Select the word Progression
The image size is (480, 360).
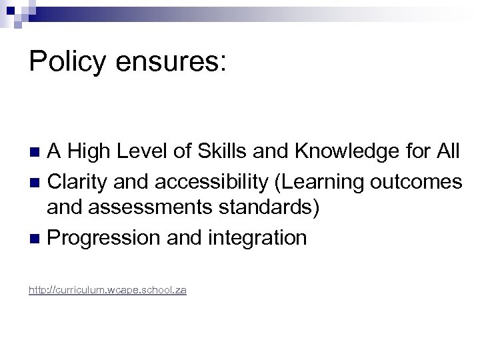tap(97, 237)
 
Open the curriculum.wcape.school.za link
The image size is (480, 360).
tap(107, 291)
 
